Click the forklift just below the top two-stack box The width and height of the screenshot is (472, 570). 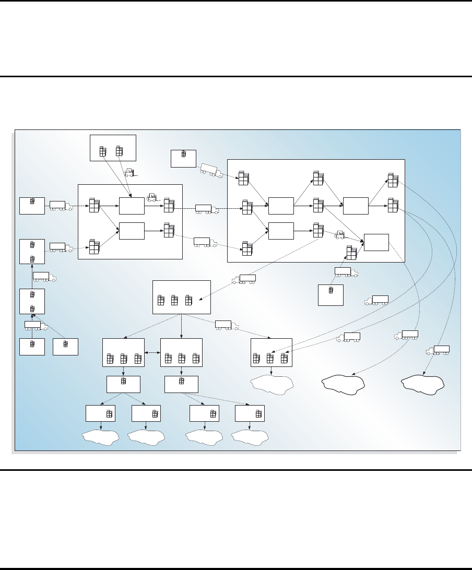coord(128,172)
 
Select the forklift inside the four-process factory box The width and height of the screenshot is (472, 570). coord(339,234)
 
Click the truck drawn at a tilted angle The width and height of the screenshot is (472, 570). coord(211,170)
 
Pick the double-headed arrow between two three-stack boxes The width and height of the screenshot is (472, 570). coord(152,354)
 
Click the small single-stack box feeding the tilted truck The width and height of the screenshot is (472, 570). coord(183,158)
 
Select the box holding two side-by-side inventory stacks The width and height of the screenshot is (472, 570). coord(113,148)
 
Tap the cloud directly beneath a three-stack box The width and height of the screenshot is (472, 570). coord(271,385)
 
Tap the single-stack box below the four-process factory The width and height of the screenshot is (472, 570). coord(331,295)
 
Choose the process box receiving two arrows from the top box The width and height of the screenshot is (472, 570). coord(132,206)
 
